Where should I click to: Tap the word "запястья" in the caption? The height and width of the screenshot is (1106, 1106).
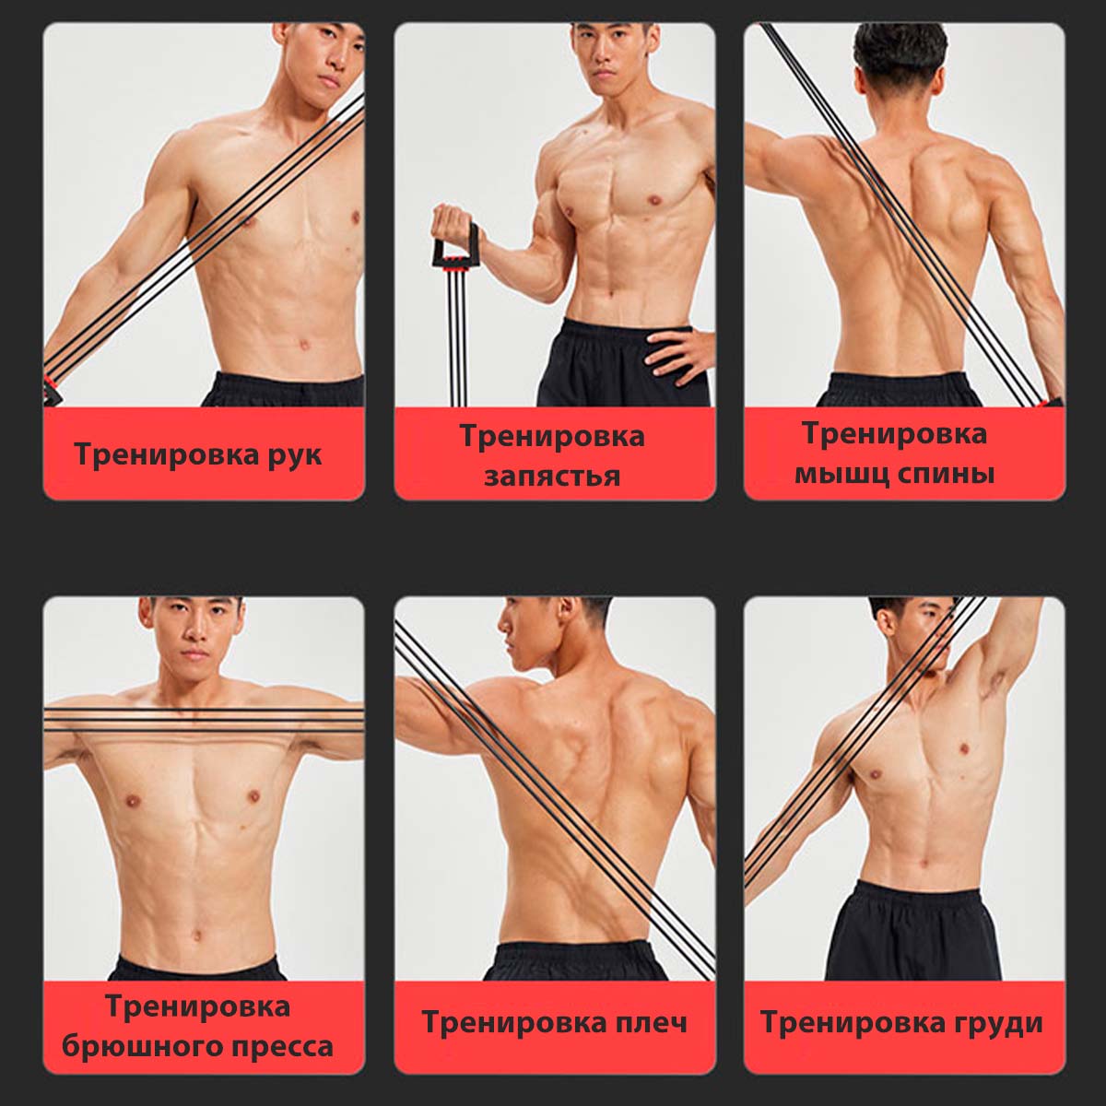(x=552, y=477)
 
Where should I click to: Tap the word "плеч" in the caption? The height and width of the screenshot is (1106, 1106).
(x=651, y=1023)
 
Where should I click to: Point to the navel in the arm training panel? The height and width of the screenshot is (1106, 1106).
(x=303, y=345)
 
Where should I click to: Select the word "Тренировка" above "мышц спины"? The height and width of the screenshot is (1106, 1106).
(x=894, y=433)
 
